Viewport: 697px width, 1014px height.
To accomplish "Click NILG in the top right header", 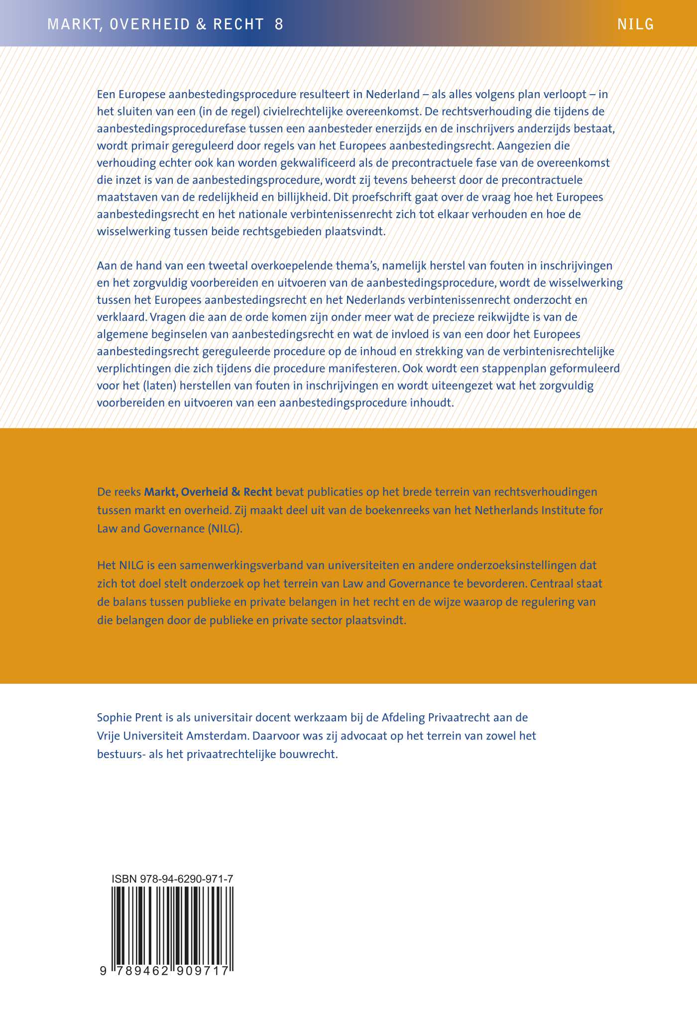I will click(635, 24).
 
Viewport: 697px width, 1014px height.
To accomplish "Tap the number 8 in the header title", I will click(279, 24).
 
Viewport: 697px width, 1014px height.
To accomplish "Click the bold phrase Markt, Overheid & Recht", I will click(208, 492).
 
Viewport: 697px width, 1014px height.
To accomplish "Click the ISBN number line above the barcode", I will click(173, 880).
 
